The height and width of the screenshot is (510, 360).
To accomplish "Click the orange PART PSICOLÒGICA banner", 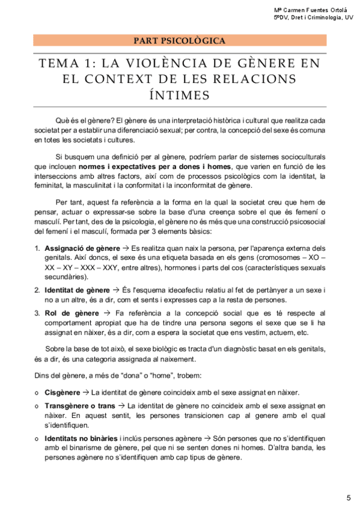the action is (x=180, y=41).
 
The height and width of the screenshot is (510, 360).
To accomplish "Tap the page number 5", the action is (x=349, y=497).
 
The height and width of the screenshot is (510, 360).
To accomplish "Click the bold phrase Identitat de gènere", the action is (x=77, y=290).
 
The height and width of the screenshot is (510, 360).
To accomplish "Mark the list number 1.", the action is (x=37, y=248).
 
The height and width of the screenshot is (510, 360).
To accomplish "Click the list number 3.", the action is (x=37, y=313).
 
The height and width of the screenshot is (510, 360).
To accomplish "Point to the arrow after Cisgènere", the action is (x=86, y=392).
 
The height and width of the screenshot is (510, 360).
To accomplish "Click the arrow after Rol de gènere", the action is (x=107, y=313).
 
